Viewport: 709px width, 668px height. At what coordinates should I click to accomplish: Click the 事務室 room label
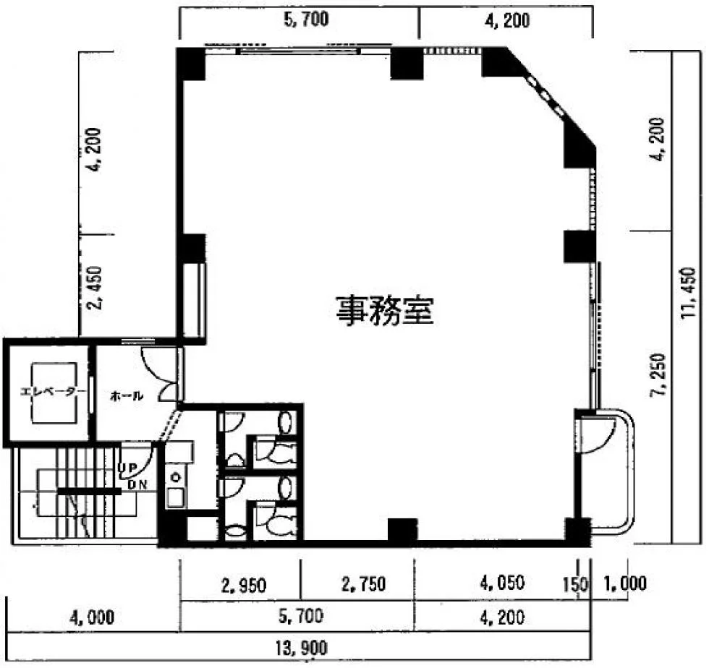click(x=385, y=311)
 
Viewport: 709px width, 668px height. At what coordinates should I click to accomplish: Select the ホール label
click(x=127, y=396)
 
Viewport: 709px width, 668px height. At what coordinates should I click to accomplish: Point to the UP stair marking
click(x=127, y=468)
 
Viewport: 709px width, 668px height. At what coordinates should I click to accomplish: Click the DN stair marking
click(x=137, y=484)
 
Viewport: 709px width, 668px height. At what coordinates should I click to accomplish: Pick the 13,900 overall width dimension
click(x=301, y=648)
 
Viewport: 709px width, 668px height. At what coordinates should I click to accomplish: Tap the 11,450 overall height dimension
click(x=688, y=292)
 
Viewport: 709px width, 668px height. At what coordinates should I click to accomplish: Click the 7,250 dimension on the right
click(x=658, y=375)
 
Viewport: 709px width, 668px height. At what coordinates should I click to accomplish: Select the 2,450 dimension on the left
click(x=95, y=288)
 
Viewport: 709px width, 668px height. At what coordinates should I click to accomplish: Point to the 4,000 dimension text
click(x=92, y=617)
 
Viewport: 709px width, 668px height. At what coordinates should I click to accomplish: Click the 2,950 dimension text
click(x=244, y=586)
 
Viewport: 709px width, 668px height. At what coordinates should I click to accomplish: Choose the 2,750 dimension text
click(x=363, y=584)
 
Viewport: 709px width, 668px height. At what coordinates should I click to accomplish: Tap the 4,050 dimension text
click(x=502, y=583)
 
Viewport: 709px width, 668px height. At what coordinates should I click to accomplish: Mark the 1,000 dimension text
click(x=625, y=583)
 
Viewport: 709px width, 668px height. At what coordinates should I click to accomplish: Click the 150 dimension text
click(x=576, y=585)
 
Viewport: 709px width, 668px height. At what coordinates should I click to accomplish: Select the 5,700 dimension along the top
click(x=306, y=20)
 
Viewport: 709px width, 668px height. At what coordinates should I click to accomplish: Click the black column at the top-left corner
click(x=190, y=64)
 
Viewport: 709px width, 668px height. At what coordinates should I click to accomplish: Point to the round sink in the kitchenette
click(x=174, y=477)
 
